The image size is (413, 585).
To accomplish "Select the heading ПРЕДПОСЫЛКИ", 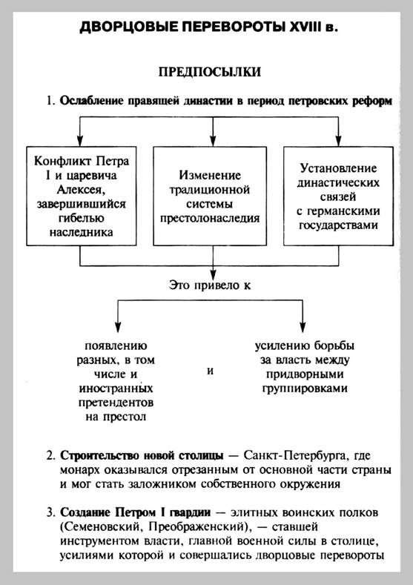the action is tap(210, 72).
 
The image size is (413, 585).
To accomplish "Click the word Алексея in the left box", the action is tap(81, 190).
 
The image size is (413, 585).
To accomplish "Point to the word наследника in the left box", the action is tap(81, 232).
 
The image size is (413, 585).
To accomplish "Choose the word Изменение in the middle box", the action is tap(210, 175).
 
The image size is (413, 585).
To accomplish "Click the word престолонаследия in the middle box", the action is tap(210, 218).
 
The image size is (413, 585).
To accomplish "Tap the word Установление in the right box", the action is tap(338, 168).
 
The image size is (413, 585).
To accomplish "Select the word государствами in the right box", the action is tap(338, 225).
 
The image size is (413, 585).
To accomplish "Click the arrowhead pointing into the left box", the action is tap(80, 141).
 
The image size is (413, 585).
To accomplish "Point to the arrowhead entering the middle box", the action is tap(213, 141).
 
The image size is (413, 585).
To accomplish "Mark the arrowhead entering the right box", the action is tap(338, 141).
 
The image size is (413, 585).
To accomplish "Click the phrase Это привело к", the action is tap(210, 285).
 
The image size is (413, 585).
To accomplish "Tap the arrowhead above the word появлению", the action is tap(118, 326).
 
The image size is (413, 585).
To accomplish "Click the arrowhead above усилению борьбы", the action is tap(303, 326).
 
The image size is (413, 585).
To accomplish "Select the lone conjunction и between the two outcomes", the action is tap(210, 371).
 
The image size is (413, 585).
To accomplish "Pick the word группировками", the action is tap(304, 389).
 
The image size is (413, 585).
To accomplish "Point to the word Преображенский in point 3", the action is tap(196, 527).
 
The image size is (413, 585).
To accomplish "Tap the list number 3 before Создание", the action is tap(50, 512).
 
